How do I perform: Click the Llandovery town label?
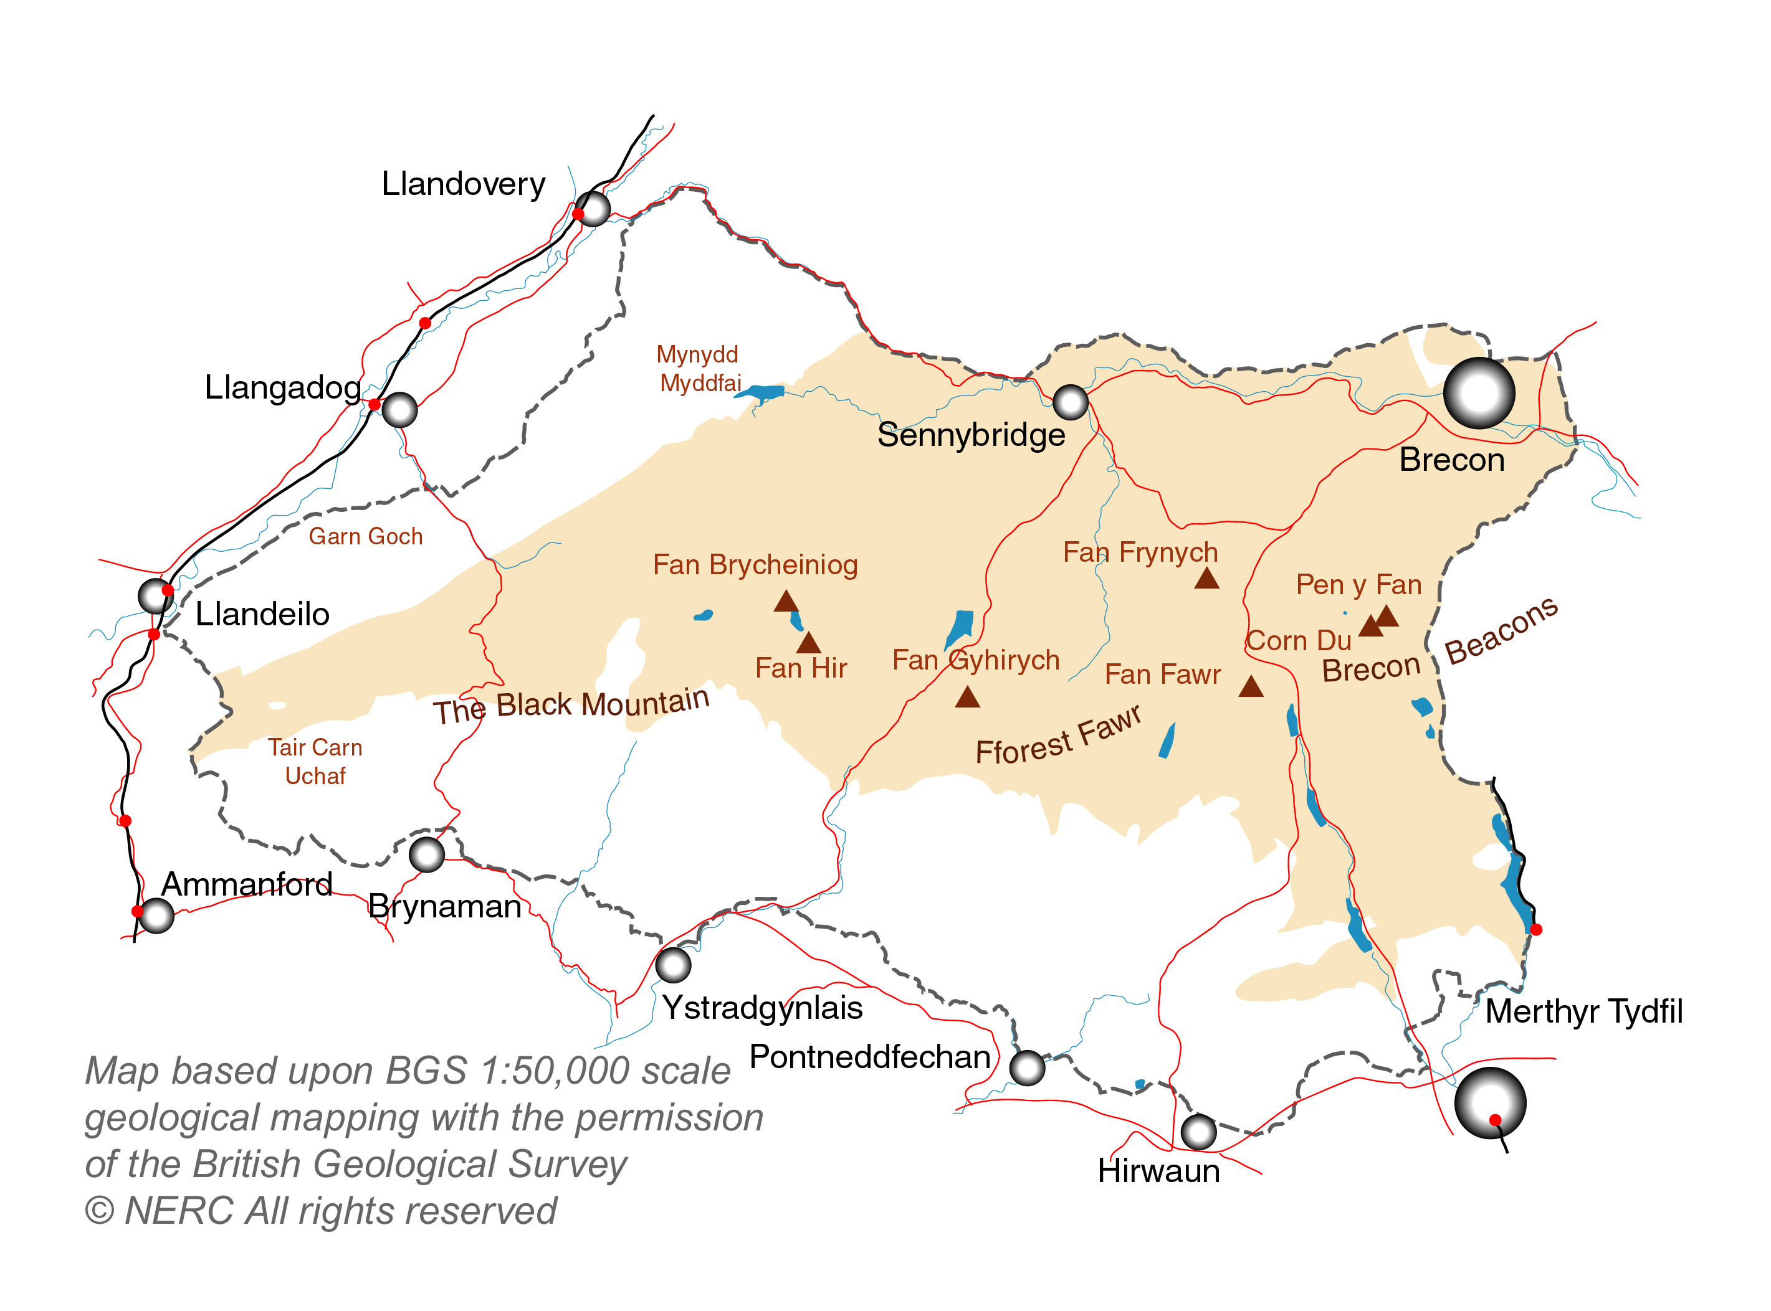tap(463, 184)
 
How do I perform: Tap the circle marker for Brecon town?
tap(1478, 393)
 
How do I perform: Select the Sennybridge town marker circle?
tap(1070, 402)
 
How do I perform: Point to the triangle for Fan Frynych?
tap(1206, 579)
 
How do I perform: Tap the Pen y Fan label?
tap(1358, 585)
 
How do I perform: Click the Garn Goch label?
tap(365, 536)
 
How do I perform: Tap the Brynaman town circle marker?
tap(426, 854)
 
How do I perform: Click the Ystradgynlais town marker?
tap(673, 965)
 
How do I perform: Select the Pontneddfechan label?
tap(869, 1057)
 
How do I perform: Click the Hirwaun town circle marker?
tap(1198, 1132)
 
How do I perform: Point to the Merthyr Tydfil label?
tap(1583, 1012)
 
